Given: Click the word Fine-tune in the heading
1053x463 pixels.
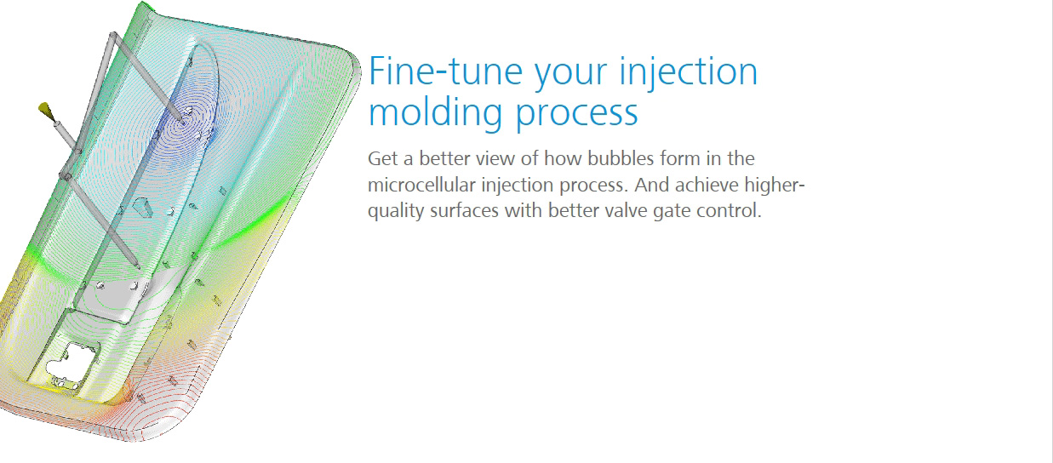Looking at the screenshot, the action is tap(446, 71).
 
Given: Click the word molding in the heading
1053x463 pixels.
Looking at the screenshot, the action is tap(436, 113).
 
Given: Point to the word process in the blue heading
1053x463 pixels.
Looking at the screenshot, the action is tap(577, 116).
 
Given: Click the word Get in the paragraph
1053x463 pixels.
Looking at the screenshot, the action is tap(381, 159).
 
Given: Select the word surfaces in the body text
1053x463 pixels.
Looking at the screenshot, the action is tap(465, 210).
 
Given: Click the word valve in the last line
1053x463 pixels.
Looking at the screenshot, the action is tap(626, 210).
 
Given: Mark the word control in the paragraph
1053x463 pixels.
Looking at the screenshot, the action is tap(727, 210).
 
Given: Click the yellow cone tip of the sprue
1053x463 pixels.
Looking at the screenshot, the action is tap(46, 110).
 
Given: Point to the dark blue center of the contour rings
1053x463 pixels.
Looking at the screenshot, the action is tap(184, 121).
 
